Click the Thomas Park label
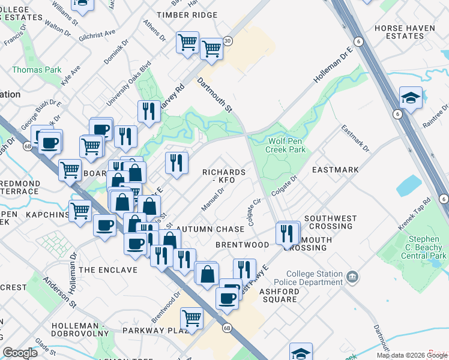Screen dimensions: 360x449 tap(37, 70)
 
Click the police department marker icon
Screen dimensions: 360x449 tap(352, 277)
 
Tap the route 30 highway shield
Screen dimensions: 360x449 tap(228, 41)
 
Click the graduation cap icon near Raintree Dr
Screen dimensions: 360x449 tap(411, 98)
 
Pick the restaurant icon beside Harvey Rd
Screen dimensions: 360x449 tap(148, 111)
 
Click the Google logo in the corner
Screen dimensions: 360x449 tap(20, 353)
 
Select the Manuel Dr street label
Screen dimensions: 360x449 tap(212, 200)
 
